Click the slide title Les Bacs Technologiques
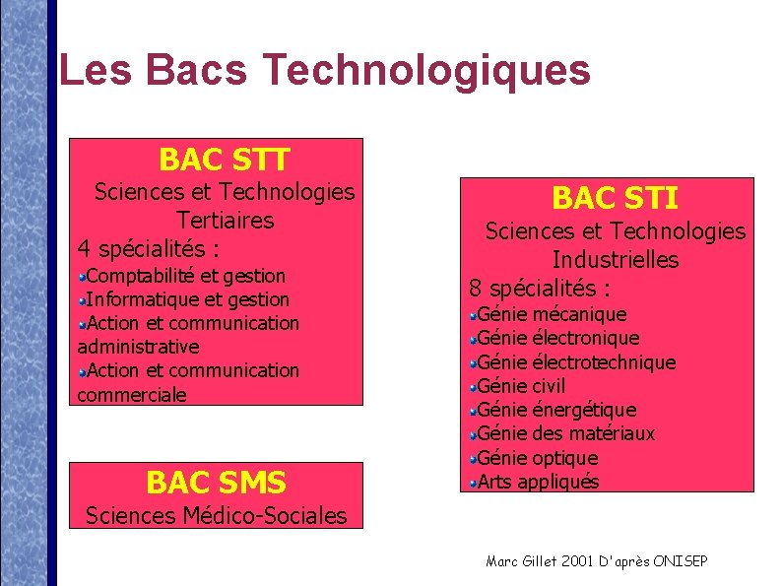[x=324, y=71]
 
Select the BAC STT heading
[x=224, y=159]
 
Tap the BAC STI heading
[x=615, y=199]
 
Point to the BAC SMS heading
[x=216, y=483]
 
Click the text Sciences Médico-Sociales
[x=217, y=515]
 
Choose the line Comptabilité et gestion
[x=186, y=276]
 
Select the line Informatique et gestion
[x=188, y=299]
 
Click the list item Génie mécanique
[x=552, y=314]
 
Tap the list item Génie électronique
[x=558, y=339]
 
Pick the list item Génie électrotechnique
[x=576, y=362]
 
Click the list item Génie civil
[x=521, y=386]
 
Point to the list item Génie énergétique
[x=556, y=410]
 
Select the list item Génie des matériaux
[x=565, y=433]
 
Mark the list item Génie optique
[x=538, y=458]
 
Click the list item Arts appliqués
[x=538, y=482]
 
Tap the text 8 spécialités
[x=540, y=289]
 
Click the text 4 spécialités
[x=148, y=247]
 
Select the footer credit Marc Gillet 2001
[x=597, y=561]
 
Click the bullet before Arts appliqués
[x=473, y=482]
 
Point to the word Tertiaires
[x=225, y=220]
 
